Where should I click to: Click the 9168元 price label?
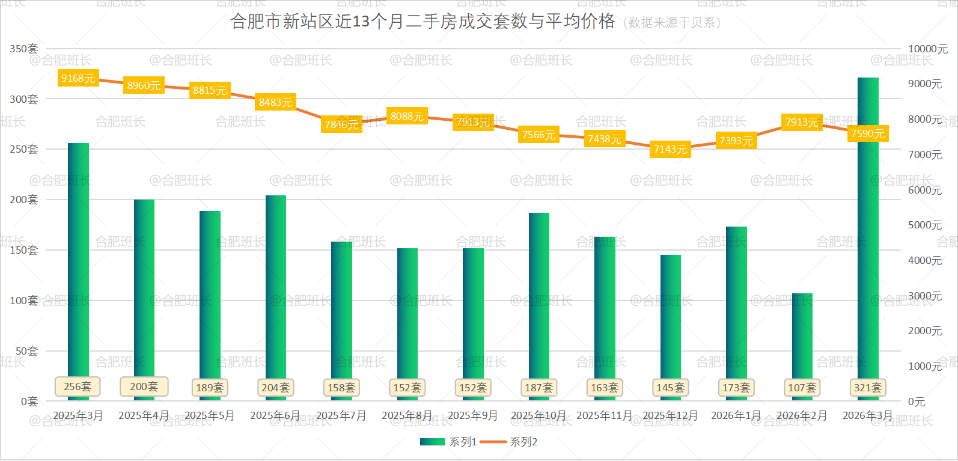[78, 78]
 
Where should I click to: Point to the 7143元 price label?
[670, 149]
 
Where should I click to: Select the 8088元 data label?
[407, 116]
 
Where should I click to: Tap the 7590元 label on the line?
[868, 133]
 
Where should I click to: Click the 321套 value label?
[868, 388]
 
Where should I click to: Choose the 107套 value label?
[802, 388]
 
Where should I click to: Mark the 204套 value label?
[275, 388]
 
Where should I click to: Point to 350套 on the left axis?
[24, 49]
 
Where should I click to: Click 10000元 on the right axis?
[927, 49]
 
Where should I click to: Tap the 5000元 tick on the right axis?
[925, 225]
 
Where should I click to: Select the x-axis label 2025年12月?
[670, 415]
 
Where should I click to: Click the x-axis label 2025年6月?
[275, 415]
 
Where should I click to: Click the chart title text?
[423, 22]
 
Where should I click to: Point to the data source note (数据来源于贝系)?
[671, 23]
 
